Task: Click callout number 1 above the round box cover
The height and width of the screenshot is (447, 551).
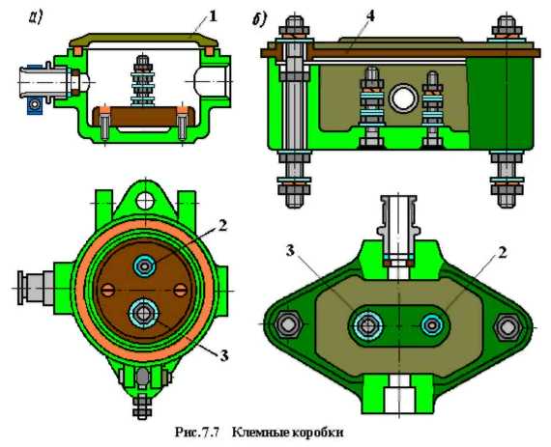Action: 213,16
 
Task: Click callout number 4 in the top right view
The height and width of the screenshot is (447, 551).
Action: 370,16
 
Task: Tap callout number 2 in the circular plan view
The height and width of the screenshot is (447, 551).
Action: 221,226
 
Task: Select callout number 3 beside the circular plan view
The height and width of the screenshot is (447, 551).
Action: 224,356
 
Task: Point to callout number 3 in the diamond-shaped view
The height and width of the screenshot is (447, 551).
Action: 290,251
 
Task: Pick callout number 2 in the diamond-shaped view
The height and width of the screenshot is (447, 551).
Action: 503,253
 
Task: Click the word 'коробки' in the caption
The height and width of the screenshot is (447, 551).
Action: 318,433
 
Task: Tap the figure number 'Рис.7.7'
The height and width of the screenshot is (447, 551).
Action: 197,432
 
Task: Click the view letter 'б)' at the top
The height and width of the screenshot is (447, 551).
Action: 259,19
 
